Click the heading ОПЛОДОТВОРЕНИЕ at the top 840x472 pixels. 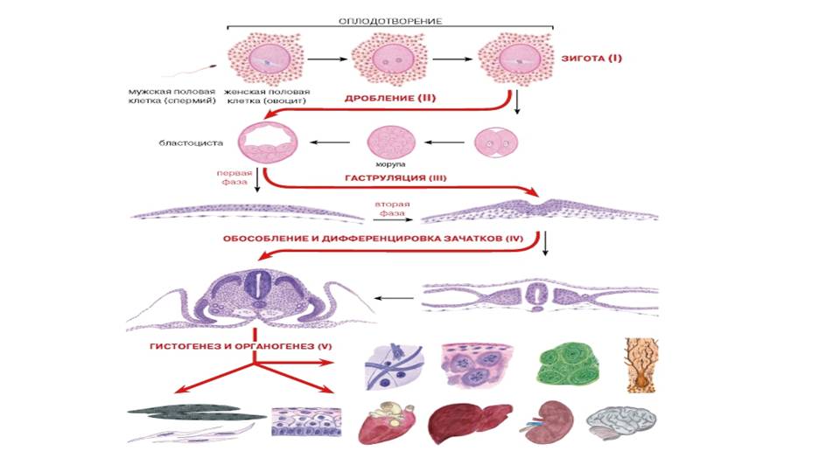[x=391, y=19]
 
